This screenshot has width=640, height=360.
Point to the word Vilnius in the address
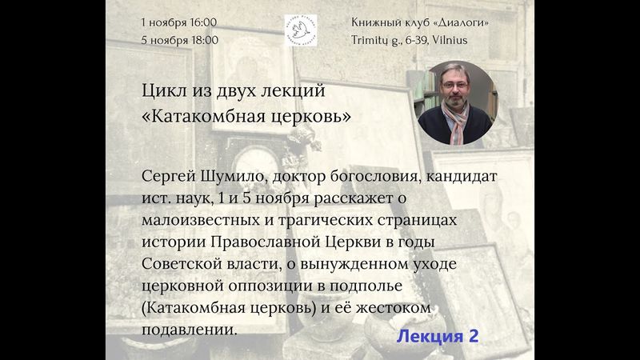(x=449, y=39)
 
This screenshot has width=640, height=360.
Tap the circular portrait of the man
(x=456, y=103)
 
